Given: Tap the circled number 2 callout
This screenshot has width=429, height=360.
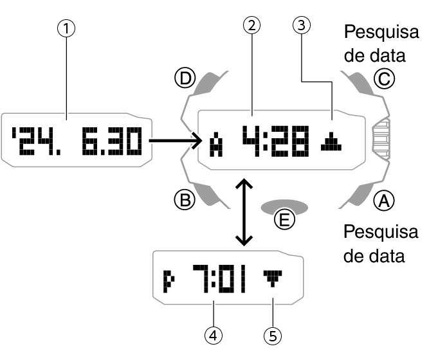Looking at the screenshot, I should pos(252,26).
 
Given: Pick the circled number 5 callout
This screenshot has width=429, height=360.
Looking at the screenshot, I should pos(273,334).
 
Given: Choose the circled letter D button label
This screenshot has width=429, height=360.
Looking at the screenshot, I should pos(185,79).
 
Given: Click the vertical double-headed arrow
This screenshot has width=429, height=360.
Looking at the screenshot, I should pos(242,213).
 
